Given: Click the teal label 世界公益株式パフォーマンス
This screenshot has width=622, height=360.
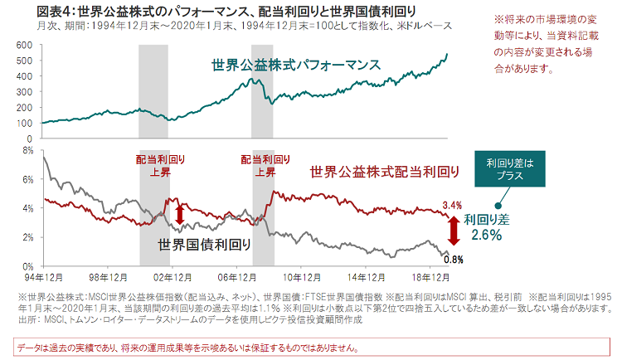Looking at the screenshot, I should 294,65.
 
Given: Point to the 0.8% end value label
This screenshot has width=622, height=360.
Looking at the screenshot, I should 453,259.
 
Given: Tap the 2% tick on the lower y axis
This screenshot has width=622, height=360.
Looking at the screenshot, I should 27,237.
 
